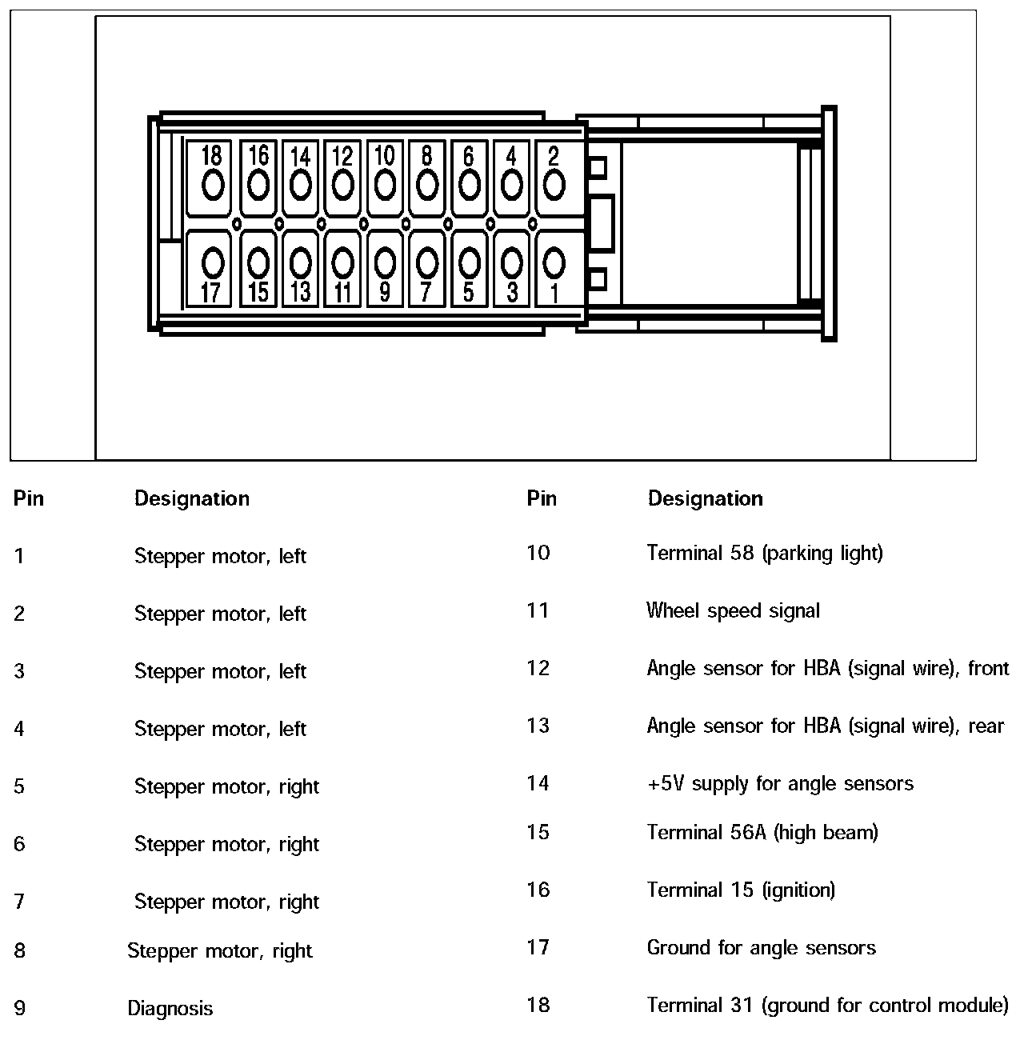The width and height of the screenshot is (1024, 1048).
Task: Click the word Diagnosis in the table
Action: coord(170,1008)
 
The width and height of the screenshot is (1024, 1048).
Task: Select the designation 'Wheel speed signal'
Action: coord(733,611)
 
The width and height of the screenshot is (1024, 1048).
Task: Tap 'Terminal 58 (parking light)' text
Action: coord(765,553)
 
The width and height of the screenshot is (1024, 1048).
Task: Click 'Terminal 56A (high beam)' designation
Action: coord(762,832)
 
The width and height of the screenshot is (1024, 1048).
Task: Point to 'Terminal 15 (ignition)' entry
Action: coord(741,890)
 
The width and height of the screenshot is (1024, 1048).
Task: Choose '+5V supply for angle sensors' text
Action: coord(780,783)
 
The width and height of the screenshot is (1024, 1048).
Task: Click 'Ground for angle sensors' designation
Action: coord(761,948)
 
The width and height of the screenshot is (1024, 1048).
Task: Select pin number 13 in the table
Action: coord(538,726)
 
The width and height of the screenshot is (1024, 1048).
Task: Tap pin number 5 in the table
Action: coord(19,786)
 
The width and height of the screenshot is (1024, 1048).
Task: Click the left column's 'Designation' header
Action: coord(192,498)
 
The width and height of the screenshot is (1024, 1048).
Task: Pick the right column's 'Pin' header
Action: coord(542,498)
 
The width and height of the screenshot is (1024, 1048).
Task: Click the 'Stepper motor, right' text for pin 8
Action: coord(220,951)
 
